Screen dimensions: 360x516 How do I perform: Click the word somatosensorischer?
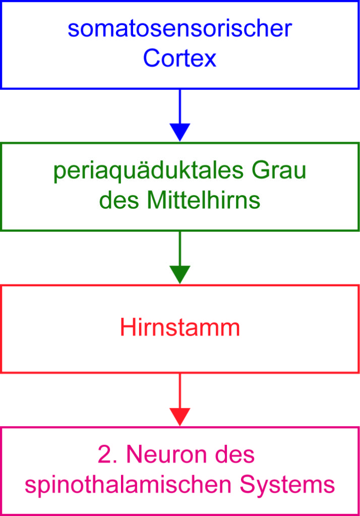(180, 29)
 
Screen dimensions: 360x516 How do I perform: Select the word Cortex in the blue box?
(179, 58)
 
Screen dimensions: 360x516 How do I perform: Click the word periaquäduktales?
(149, 171)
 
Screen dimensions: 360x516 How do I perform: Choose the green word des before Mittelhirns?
(119, 200)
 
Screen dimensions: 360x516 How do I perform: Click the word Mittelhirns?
(204, 200)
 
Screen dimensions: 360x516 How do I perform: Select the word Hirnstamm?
(180, 328)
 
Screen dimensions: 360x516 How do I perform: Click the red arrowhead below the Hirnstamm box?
(180, 417)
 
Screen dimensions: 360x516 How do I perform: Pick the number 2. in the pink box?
(107, 455)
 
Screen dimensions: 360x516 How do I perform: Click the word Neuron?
(167, 455)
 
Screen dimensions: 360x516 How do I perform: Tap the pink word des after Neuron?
(235, 455)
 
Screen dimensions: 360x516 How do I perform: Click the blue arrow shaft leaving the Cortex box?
(180, 106)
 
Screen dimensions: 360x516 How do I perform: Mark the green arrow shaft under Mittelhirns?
(180, 248)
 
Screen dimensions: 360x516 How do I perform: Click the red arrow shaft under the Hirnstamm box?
(180, 391)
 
